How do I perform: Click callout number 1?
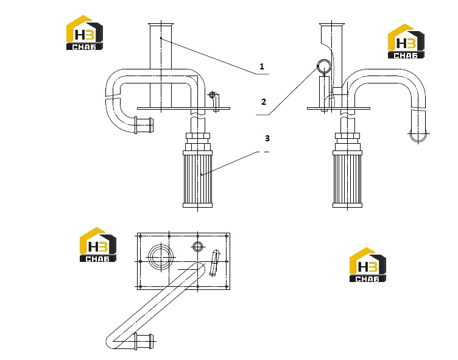[262, 66]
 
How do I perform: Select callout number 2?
[264, 102]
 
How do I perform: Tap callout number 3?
[267, 138]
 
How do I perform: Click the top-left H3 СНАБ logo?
[85, 32]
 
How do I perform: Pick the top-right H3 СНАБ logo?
[406, 41]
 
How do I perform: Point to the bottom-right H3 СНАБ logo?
[368, 265]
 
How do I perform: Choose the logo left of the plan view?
[98, 245]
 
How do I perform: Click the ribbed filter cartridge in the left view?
[198, 179]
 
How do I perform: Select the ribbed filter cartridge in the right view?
[347, 179]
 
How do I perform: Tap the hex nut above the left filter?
[198, 136]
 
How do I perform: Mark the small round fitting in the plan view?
[198, 247]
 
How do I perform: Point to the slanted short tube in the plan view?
[214, 263]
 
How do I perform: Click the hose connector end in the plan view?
[144, 341]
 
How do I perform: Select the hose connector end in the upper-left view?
[143, 125]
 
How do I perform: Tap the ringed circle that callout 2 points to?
[324, 66]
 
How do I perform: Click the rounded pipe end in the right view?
[418, 135]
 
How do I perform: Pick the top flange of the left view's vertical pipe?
[161, 24]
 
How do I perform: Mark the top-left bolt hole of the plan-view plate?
[141, 236]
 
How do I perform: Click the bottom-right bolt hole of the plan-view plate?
[227, 287]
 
